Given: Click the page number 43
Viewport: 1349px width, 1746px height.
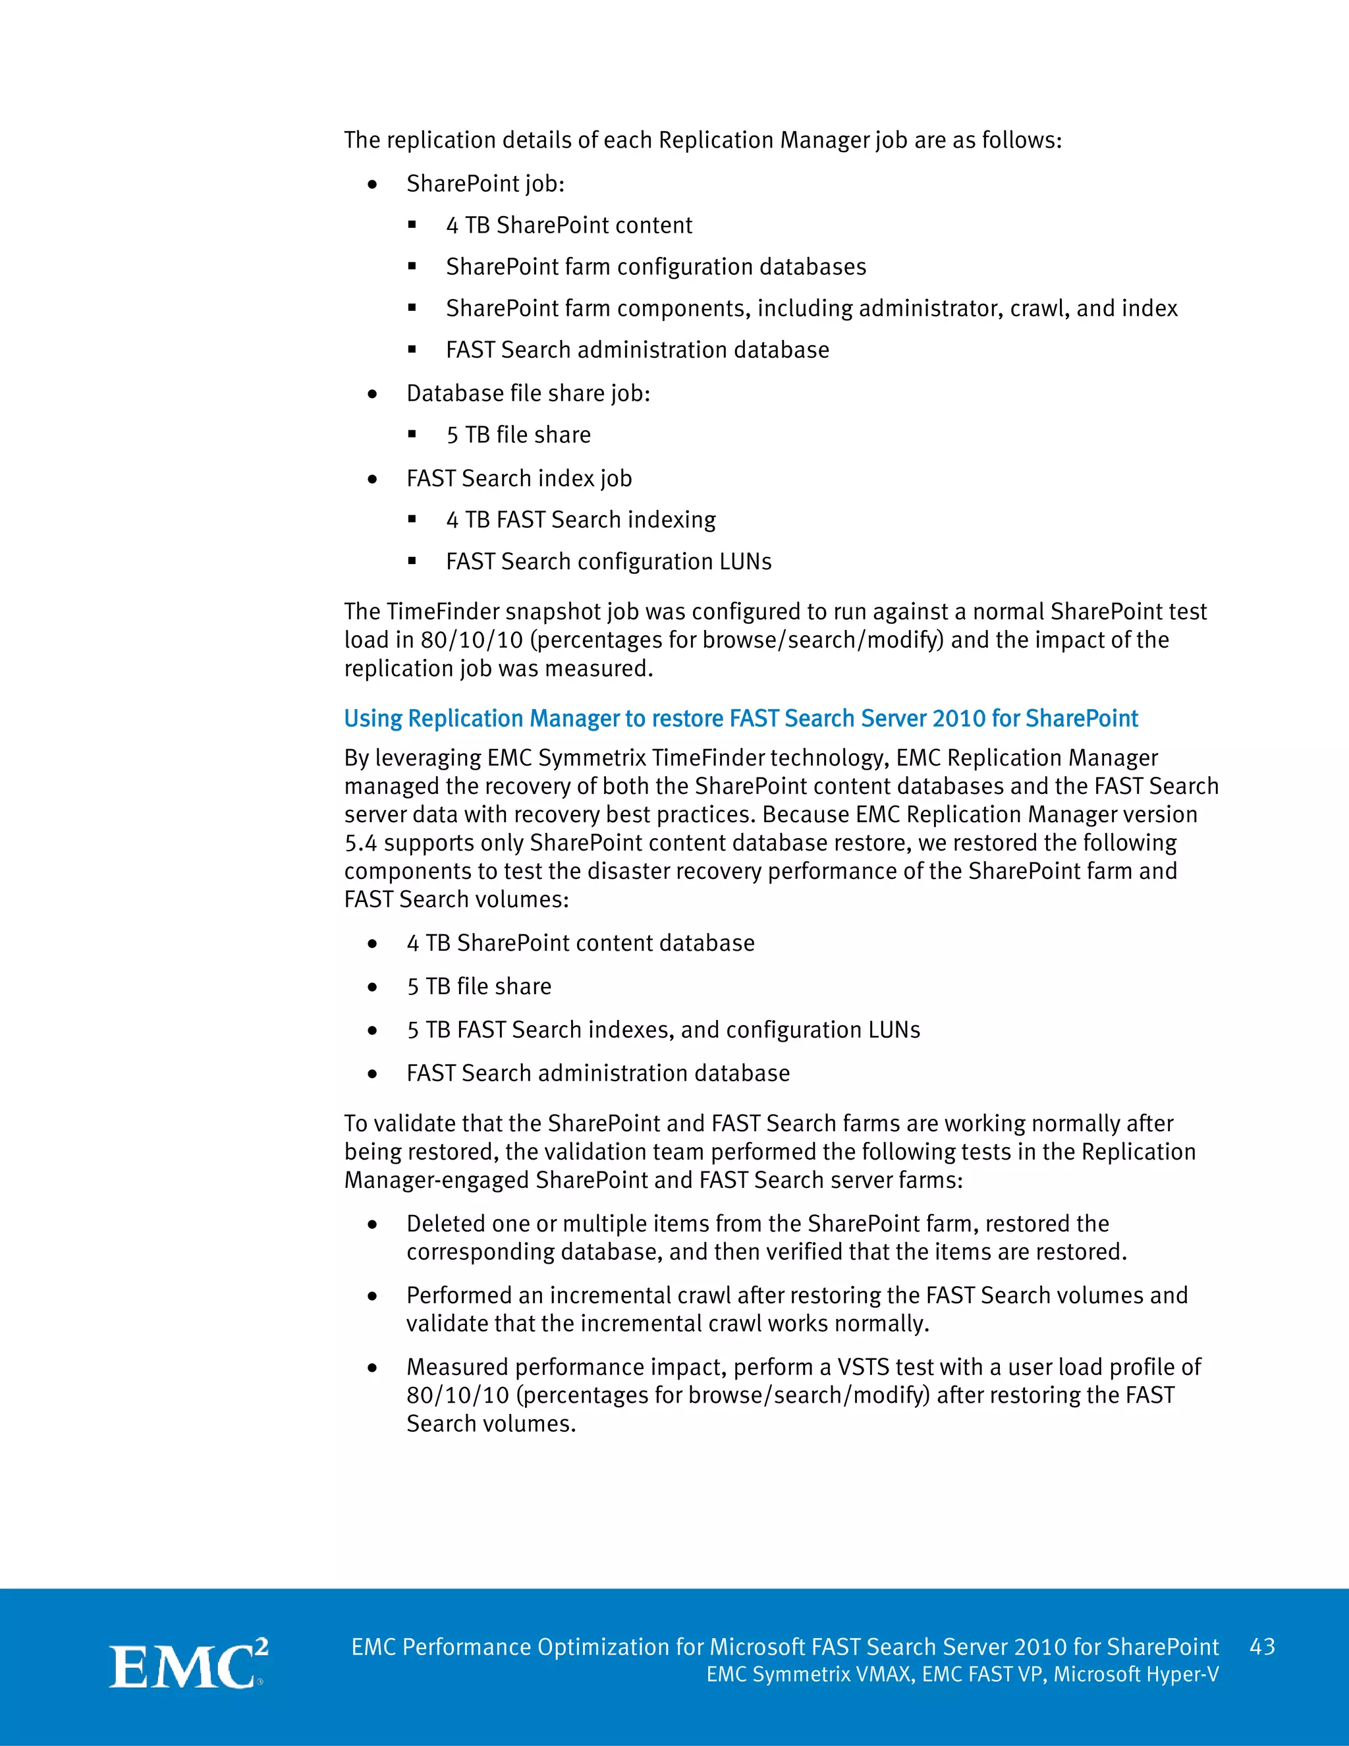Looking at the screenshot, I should click(x=1262, y=1647).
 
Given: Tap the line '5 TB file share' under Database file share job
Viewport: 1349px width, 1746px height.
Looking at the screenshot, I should click(x=518, y=435).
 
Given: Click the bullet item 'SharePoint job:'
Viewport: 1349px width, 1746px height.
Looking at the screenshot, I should click(x=485, y=184).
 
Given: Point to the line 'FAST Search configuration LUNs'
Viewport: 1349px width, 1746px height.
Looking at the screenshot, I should click(x=608, y=561).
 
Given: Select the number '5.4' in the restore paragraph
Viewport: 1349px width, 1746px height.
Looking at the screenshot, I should click(x=360, y=843).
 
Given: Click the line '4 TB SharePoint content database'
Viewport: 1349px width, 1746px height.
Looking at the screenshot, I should click(x=580, y=943).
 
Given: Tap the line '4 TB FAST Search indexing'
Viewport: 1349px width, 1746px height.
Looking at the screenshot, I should click(x=580, y=520).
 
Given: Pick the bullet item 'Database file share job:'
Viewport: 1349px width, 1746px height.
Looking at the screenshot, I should click(x=528, y=393).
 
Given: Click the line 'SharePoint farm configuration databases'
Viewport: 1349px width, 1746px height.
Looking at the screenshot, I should click(x=655, y=267).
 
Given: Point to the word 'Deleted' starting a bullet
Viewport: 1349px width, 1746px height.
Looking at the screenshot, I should click(x=445, y=1224).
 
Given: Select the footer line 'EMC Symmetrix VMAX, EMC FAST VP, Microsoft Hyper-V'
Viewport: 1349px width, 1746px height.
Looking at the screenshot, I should click(x=962, y=1674).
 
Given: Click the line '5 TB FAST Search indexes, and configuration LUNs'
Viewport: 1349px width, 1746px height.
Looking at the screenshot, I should click(x=663, y=1030).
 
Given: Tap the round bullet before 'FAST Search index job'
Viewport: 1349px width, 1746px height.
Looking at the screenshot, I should click(x=372, y=480).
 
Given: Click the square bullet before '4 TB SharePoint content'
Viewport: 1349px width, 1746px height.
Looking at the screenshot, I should click(x=412, y=225).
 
